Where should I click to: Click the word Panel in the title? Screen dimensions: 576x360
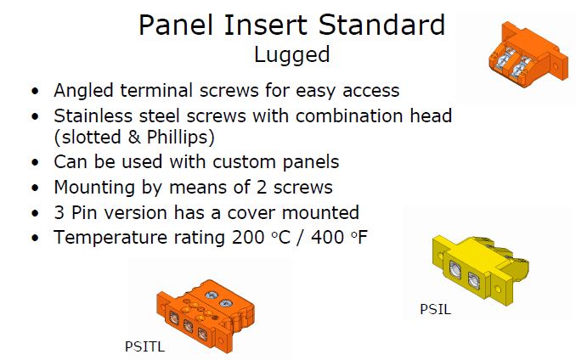[176, 25]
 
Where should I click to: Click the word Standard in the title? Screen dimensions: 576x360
[381, 25]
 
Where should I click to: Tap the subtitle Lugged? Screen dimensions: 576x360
[292, 55]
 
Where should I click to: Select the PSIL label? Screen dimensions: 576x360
[435, 309]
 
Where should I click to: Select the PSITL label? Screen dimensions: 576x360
[144, 346]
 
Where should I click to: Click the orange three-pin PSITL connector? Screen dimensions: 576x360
[206, 316]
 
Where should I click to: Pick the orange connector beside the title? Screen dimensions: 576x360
[528, 54]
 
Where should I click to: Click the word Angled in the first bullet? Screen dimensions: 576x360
[83, 91]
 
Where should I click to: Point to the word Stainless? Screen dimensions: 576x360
[93, 116]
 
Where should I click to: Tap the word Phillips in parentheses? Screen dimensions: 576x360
[180, 138]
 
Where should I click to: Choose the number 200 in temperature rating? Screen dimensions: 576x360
[248, 238]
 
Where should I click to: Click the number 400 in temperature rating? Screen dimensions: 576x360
[327, 238]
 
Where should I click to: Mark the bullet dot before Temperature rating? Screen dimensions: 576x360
[35, 239]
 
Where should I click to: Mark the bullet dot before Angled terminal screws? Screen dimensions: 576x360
[35, 91]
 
